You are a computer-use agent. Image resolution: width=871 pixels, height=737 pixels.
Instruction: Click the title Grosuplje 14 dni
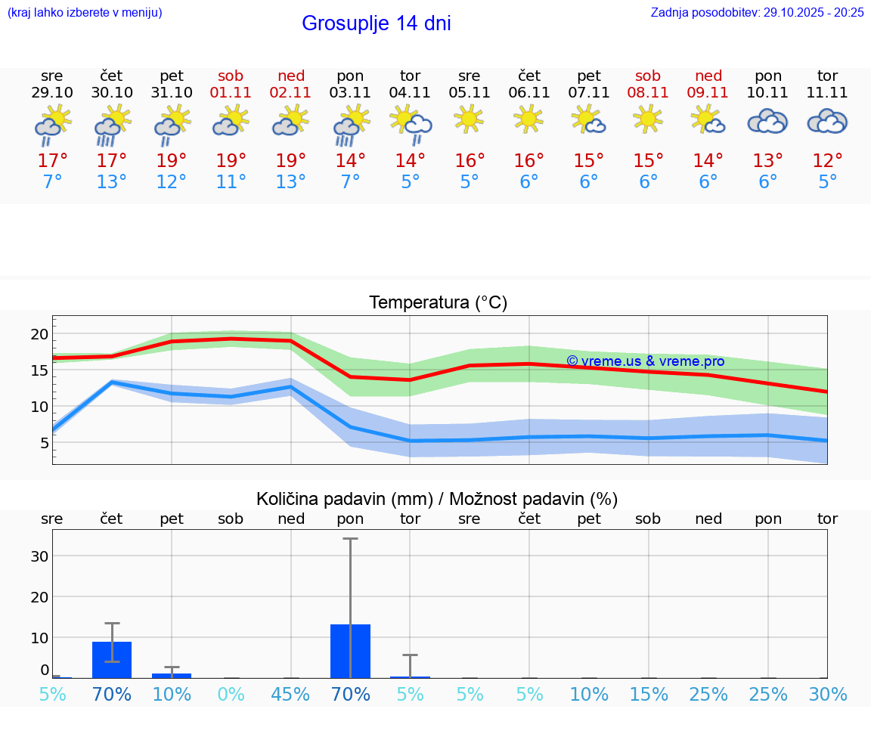pyautogui.click(x=376, y=23)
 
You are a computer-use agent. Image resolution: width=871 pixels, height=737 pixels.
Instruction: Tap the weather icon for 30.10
pyautogui.click(x=112, y=125)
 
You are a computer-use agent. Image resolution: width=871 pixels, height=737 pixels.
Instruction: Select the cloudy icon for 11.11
pyautogui.click(x=827, y=122)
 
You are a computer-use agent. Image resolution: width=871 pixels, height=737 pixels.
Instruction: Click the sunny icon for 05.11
pyautogui.click(x=469, y=119)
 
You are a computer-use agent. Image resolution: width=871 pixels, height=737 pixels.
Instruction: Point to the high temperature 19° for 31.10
pyautogui.click(x=172, y=161)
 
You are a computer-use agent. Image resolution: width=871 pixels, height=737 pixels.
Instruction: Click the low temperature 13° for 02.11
pyautogui.click(x=290, y=182)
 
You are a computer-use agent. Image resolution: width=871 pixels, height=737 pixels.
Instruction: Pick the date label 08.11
pyautogui.click(x=648, y=93)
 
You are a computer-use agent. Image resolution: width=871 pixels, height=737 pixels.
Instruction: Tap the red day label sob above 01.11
pyautogui.click(x=231, y=76)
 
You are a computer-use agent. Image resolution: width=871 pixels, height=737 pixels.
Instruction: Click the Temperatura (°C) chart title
pyautogui.click(x=438, y=303)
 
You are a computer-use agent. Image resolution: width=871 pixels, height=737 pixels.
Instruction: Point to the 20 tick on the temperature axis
pyautogui.click(x=39, y=334)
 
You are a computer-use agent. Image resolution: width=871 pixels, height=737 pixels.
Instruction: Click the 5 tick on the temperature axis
pyautogui.click(x=44, y=443)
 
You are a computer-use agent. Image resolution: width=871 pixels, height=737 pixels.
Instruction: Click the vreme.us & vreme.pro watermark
pyautogui.click(x=645, y=361)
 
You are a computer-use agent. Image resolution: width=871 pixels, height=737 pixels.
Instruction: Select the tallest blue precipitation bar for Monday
pyautogui.click(x=350, y=651)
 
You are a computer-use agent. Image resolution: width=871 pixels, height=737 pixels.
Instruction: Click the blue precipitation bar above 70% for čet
pyautogui.click(x=112, y=659)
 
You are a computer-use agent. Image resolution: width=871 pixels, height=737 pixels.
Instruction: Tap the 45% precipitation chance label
pyautogui.click(x=290, y=695)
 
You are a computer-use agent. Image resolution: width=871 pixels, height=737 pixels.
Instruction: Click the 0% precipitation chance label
pyautogui.click(x=231, y=695)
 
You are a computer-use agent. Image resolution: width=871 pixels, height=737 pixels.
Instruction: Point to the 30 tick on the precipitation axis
pyautogui.click(x=39, y=556)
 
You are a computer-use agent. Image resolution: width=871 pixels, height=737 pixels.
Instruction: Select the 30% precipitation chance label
pyautogui.click(x=827, y=695)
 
